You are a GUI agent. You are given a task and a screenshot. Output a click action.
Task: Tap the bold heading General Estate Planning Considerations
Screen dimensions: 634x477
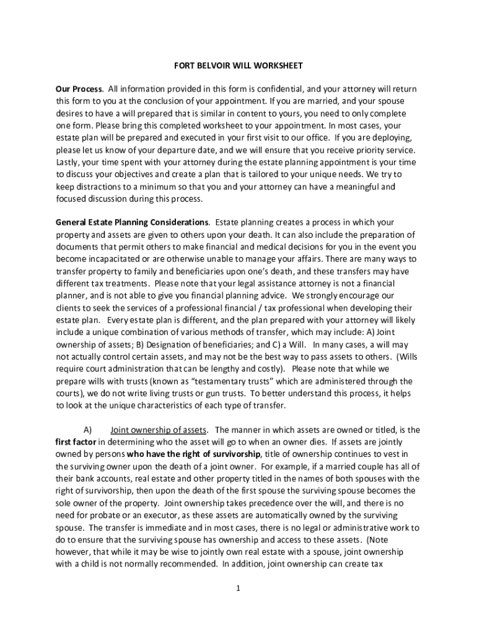pos(132,222)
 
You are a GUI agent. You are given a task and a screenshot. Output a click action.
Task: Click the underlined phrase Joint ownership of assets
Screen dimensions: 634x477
pos(159,430)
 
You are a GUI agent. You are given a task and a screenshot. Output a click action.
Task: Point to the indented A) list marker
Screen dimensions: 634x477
pos(87,430)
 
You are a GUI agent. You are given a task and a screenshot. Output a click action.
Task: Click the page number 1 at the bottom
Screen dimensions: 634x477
pos(238,588)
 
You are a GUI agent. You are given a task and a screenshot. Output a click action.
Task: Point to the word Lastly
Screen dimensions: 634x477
pos(68,162)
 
